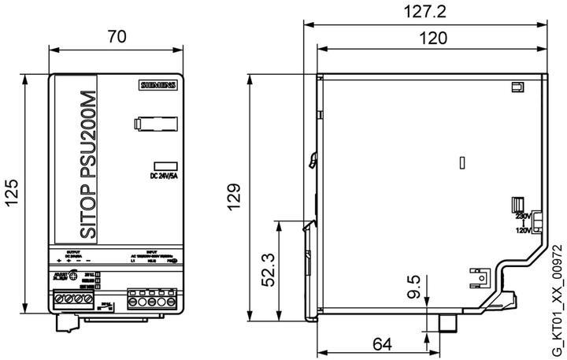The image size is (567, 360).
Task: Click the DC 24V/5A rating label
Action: coord(164,176)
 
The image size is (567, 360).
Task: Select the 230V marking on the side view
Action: coord(523,216)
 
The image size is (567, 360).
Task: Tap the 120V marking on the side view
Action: coord(523,232)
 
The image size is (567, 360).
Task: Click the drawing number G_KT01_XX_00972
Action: coord(557,299)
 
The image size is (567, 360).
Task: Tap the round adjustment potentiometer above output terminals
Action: coord(72,276)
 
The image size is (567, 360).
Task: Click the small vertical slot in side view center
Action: coord(462,163)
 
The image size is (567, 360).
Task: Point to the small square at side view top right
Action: coord(517,87)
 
